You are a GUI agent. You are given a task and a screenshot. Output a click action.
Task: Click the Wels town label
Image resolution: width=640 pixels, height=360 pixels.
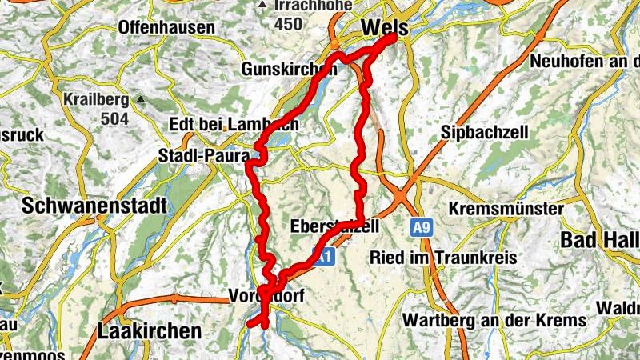[x=384, y=28]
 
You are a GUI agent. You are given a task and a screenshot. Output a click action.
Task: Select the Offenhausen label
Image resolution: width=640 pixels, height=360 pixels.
[x=166, y=28]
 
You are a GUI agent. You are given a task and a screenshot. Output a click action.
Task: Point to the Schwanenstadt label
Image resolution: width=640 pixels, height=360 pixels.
[x=94, y=205]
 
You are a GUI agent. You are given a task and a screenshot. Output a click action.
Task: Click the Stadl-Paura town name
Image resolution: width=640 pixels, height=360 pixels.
[x=204, y=155]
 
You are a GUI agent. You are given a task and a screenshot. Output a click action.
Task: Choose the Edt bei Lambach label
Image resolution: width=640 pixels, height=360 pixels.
[x=234, y=125]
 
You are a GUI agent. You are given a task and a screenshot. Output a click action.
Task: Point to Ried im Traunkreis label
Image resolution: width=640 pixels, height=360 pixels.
[x=442, y=258]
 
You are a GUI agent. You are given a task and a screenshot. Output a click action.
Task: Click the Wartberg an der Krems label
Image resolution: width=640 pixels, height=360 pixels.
[x=494, y=320]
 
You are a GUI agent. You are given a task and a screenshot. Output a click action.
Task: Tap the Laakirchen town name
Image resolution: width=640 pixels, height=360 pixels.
[x=149, y=330]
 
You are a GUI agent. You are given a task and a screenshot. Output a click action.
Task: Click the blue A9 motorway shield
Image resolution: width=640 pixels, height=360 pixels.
[x=422, y=229]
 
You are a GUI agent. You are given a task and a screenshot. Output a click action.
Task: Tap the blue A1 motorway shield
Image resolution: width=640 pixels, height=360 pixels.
[x=323, y=258]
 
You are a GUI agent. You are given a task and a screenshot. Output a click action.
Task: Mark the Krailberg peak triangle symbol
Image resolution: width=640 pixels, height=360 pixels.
[x=141, y=100]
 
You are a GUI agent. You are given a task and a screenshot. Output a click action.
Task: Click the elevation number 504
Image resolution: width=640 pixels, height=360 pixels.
[x=116, y=119]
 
